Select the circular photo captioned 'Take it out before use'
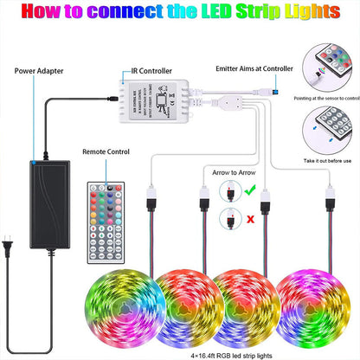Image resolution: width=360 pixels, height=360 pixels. tap(327, 127)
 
